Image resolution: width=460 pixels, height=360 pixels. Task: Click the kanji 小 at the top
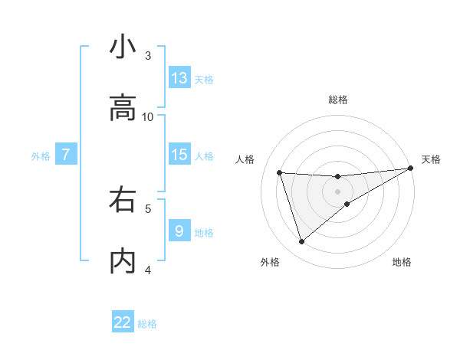(123, 47)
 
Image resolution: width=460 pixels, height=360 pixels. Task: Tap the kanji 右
(123, 200)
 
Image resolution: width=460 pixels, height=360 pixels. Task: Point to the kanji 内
(123, 261)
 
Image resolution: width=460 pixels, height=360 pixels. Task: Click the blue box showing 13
(179, 77)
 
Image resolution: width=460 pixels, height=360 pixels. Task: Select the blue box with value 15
(179, 155)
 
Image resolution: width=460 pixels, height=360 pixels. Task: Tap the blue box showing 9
(179, 231)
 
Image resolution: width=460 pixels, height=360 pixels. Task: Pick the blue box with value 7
(66, 155)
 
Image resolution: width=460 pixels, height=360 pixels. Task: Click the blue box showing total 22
(123, 322)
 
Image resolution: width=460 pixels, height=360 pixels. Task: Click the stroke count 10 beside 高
(148, 116)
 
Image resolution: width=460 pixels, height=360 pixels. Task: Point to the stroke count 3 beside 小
(148, 55)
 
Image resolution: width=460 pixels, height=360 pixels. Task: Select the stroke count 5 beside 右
(148, 208)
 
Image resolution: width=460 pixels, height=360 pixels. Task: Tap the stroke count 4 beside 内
(148, 270)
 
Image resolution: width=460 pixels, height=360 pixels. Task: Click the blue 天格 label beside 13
(204, 79)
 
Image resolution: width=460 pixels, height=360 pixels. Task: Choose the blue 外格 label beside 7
(41, 155)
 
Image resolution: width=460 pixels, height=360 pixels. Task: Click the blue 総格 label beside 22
(147, 324)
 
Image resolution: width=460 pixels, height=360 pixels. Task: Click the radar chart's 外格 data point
(301, 242)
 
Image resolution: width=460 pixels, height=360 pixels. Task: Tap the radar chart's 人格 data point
(280, 172)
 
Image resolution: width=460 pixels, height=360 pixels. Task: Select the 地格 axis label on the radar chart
(402, 263)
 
